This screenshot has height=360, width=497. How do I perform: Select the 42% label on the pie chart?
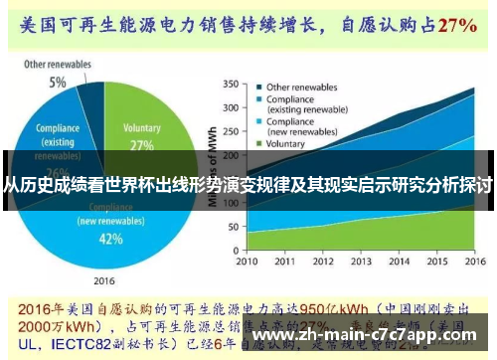[x=110, y=239]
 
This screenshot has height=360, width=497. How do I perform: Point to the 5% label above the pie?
[x=59, y=83]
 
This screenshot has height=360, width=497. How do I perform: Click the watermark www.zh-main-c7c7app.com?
[x=372, y=335]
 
